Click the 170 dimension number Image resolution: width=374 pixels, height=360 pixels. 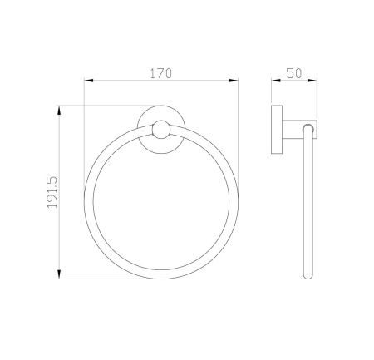click(x=161, y=73)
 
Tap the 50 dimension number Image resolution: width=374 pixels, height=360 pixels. click(x=294, y=73)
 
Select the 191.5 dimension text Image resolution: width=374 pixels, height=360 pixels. click(x=52, y=192)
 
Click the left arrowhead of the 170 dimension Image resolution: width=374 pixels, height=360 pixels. click(x=88, y=81)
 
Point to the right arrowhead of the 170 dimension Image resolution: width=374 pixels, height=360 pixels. click(x=234, y=81)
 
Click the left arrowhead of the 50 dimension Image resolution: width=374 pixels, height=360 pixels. click(x=276, y=81)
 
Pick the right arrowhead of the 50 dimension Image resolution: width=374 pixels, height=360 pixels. click(x=312, y=81)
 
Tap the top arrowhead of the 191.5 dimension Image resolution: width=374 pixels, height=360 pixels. click(x=59, y=111)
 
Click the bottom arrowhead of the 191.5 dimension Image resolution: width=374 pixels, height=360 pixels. click(x=59, y=274)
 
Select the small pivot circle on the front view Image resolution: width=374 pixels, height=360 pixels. click(x=161, y=130)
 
